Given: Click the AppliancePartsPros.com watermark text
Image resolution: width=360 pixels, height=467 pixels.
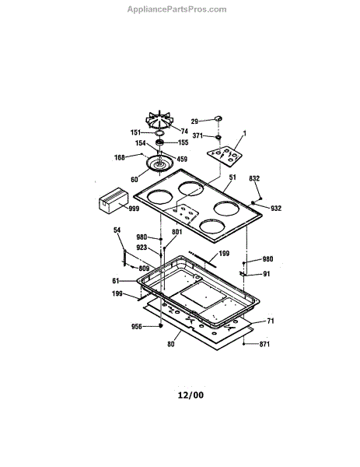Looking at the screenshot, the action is [x=177, y=9].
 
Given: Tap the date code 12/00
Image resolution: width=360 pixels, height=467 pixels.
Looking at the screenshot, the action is [x=190, y=395].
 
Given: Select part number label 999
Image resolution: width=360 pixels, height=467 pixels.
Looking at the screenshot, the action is [x=134, y=209].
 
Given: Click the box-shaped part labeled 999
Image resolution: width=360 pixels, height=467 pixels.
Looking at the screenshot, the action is [x=114, y=200].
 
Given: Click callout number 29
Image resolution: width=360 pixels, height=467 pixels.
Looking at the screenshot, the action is [x=194, y=121].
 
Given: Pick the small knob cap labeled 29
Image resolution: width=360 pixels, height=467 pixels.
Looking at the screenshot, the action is [x=218, y=118].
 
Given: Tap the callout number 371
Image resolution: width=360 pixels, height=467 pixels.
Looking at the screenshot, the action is [x=197, y=135].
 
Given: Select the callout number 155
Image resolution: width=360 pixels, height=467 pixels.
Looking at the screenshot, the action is [x=183, y=142].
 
